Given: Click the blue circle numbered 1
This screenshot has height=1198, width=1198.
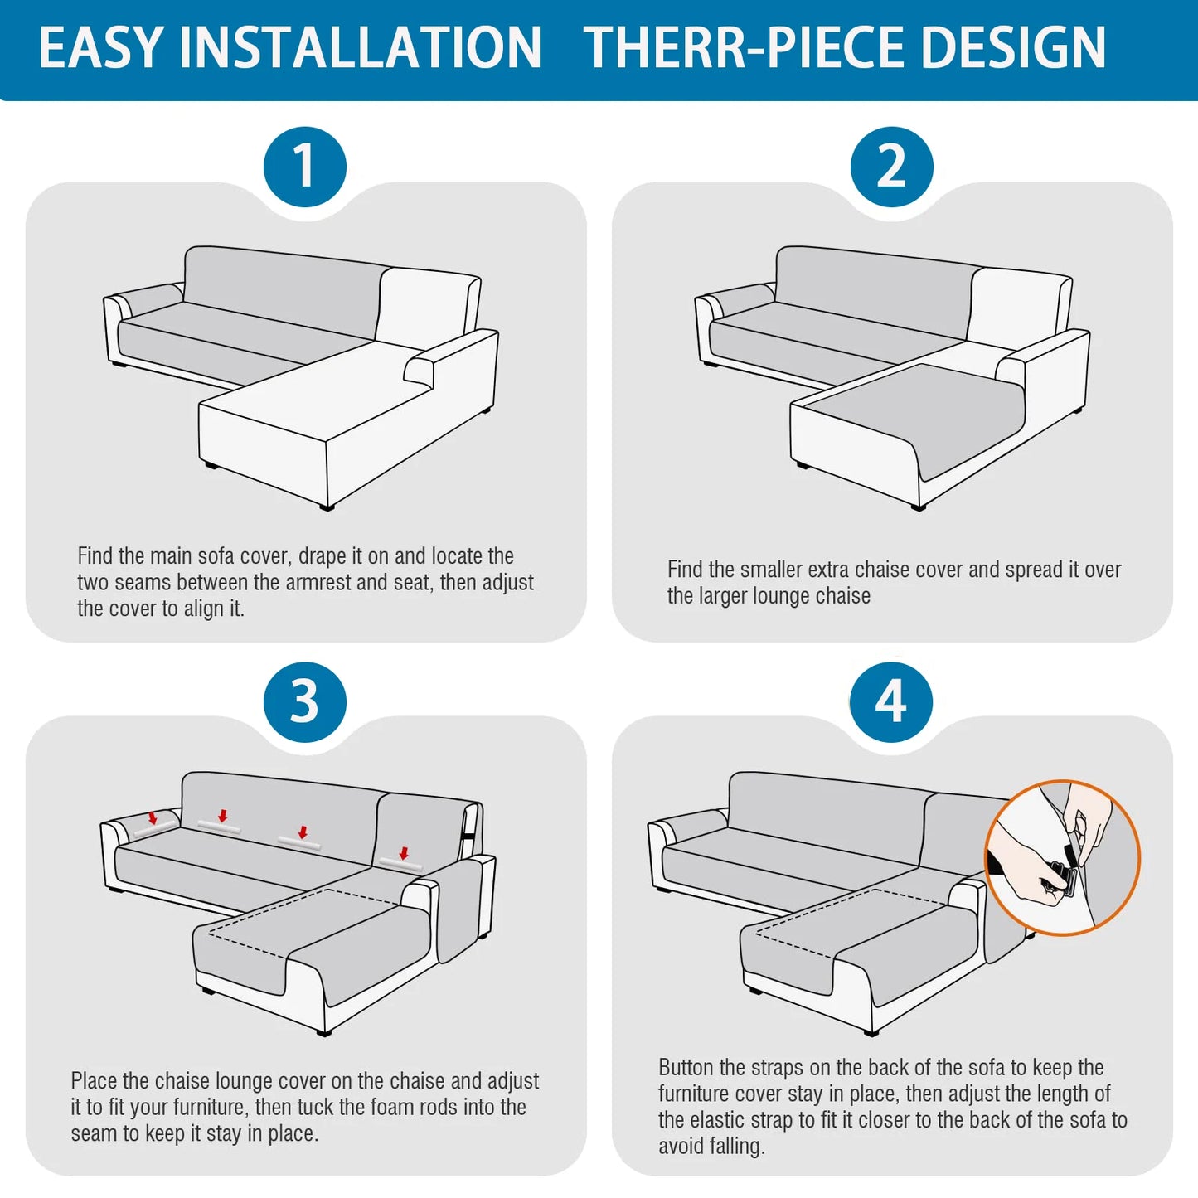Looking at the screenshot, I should click(x=304, y=167).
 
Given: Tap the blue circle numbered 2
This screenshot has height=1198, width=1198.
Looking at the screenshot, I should click(x=891, y=167).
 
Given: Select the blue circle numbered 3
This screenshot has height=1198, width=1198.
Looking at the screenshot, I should click(x=304, y=701).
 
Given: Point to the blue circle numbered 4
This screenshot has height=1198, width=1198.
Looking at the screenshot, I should click(x=891, y=701).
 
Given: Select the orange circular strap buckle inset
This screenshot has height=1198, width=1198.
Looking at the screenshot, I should click(x=1062, y=857).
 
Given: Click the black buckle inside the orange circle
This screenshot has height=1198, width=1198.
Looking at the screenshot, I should click(x=1062, y=878).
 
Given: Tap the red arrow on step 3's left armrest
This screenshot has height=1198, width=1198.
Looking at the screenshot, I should click(x=153, y=818).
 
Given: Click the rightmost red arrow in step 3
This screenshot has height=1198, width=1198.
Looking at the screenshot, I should click(x=404, y=853).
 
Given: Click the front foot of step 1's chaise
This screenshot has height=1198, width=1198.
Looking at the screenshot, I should click(x=327, y=507).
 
